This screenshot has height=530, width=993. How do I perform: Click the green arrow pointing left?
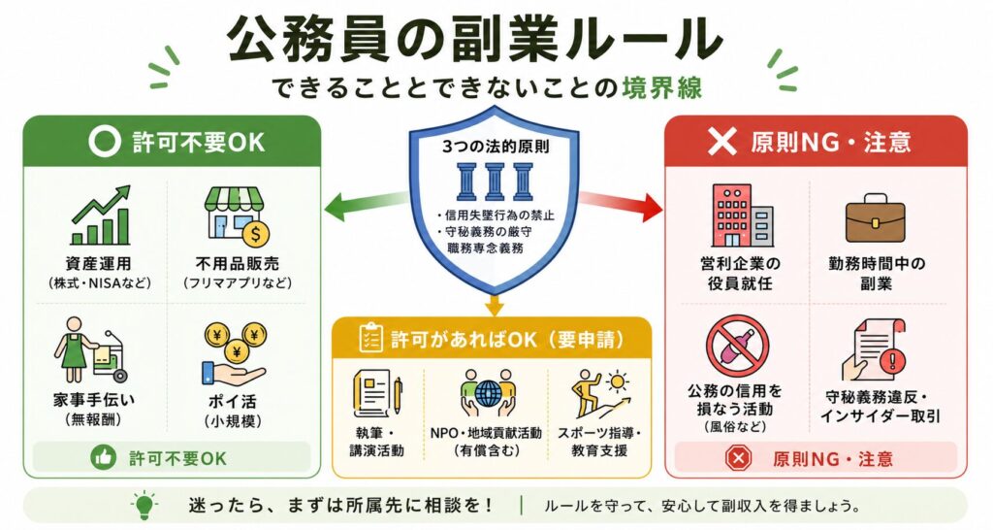click(x=366, y=206)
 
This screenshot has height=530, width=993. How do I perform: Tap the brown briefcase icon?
click(x=876, y=217)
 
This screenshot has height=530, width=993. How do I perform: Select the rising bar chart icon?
click(x=101, y=215)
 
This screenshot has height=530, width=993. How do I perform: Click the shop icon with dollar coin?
click(x=237, y=215)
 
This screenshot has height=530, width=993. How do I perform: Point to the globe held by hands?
click(x=487, y=392)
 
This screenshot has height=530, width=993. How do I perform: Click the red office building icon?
click(x=740, y=215)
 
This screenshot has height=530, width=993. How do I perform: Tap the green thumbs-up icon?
click(x=103, y=458)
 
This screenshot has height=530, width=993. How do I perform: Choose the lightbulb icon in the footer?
click(x=144, y=506)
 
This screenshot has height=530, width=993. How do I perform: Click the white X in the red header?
click(x=721, y=142)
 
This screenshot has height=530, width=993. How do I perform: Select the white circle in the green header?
click(x=104, y=141)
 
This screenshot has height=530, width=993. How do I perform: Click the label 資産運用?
click(x=98, y=263)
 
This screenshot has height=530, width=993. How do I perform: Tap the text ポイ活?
click(x=233, y=401)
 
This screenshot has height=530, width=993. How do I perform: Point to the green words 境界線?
click(x=662, y=87)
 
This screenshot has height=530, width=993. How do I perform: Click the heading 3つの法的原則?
click(x=496, y=147)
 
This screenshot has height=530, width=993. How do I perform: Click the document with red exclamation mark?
click(x=874, y=350)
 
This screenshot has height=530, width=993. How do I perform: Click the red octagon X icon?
click(x=738, y=458)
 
